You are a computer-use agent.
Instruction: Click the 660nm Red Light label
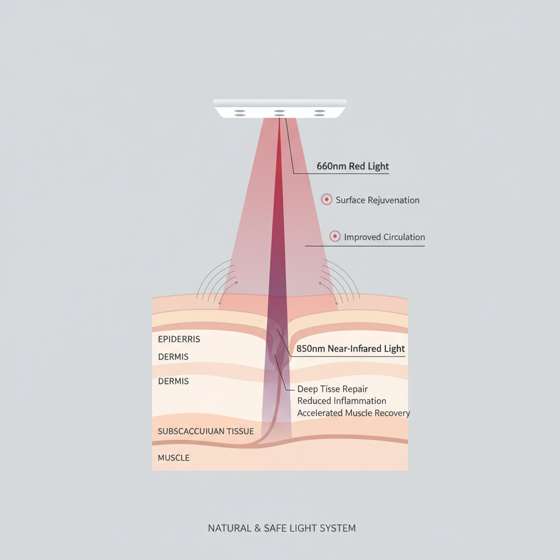(x=353, y=166)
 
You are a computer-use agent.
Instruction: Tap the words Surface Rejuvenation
(x=377, y=200)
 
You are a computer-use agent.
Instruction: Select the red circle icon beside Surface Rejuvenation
(x=326, y=199)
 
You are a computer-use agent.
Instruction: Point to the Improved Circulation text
(x=384, y=237)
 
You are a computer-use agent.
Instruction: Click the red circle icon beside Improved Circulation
(x=335, y=237)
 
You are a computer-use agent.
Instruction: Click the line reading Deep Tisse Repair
(x=333, y=389)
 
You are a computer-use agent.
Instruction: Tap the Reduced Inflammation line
(x=342, y=401)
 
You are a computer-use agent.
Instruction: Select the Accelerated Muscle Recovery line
(x=353, y=413)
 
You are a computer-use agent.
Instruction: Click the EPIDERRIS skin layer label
(x=179, y=339)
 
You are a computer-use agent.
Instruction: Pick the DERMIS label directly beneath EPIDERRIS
(x=173, y=357)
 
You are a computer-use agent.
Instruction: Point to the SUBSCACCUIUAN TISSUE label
(x=206, y=431)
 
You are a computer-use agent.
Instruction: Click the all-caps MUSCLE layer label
(x=174, y=458)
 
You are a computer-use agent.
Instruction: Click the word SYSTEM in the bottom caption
(x=336, y=528)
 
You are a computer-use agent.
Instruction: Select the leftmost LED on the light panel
(x=240, y=113)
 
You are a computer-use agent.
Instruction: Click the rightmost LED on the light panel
(x=320, y=113)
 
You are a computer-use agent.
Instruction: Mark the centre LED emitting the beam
(x=279, y=113)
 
